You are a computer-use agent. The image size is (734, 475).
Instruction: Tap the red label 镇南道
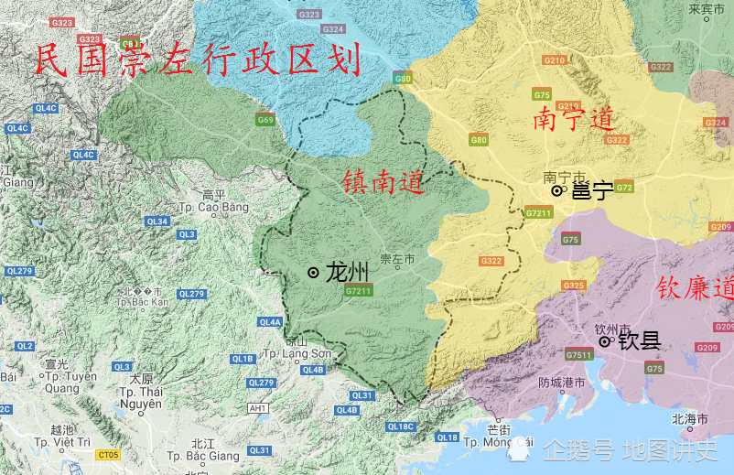383,181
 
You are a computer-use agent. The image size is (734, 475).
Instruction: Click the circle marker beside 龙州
314,272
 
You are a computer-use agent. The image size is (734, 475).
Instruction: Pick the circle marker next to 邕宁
556,190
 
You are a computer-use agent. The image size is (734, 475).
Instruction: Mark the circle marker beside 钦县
604,341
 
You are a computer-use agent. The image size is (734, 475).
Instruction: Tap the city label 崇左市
397,260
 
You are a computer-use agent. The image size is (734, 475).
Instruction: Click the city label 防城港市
561,383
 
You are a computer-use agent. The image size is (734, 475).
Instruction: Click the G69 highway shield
265,120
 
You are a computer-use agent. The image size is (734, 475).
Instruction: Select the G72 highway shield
624,187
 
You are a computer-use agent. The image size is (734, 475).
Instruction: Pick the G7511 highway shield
578,355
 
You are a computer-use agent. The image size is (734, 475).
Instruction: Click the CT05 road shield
109,454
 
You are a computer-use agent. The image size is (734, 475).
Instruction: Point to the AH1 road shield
258,408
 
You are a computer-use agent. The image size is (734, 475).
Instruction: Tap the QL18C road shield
401,426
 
